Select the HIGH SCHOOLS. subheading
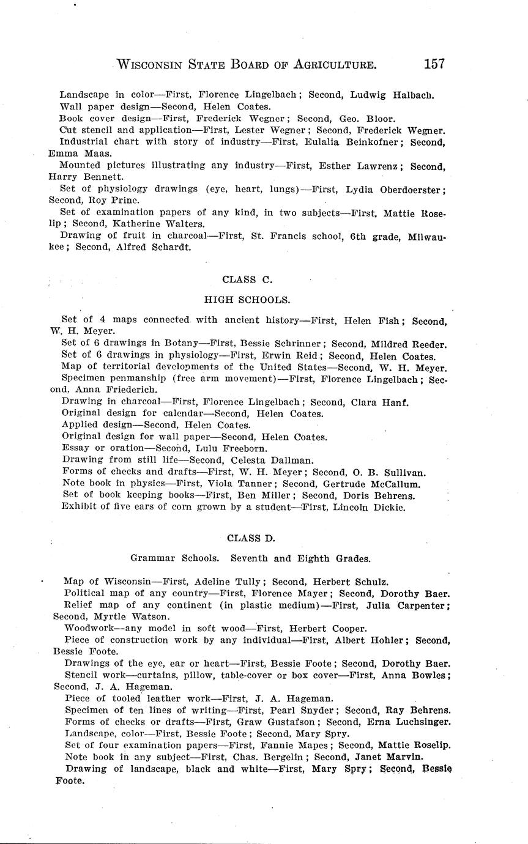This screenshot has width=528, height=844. tap(247, 300)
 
